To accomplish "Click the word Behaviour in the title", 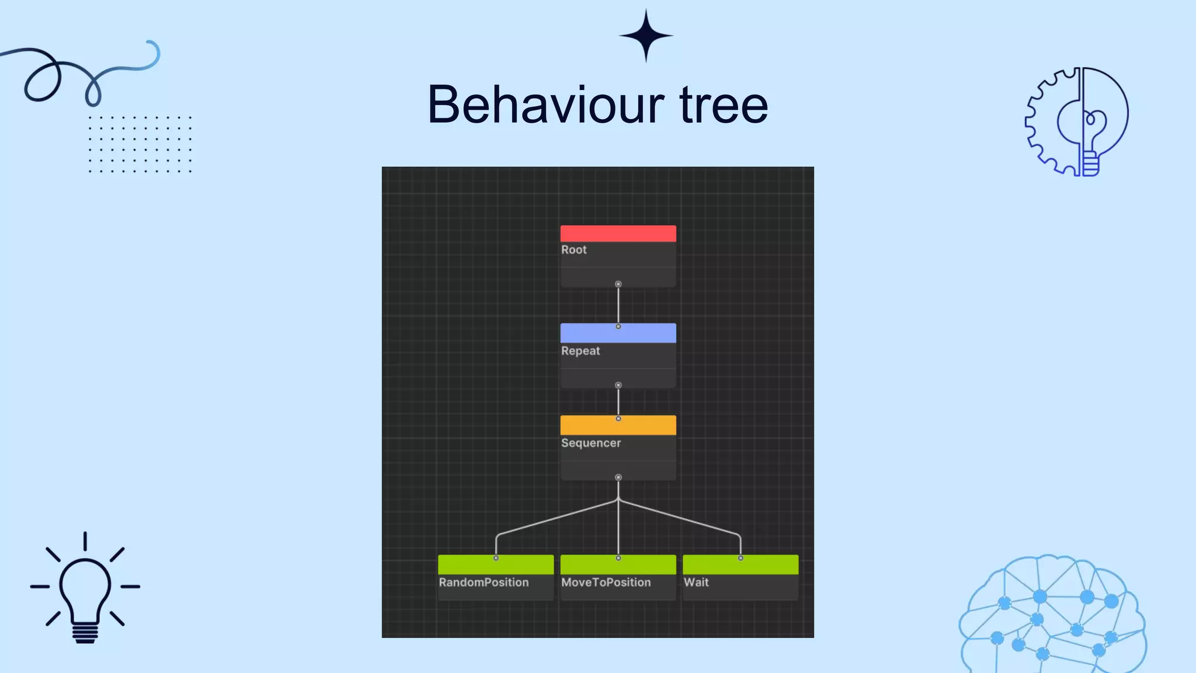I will (545, 105).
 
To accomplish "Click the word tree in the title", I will (724, 105).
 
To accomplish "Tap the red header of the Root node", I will (618, 234).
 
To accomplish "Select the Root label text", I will (573, 250).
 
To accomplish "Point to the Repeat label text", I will (580, 351).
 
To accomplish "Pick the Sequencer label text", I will (590, 443).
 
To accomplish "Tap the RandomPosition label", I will (484, 582).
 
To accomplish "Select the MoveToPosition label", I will (606, 582).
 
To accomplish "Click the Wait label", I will (696, 582).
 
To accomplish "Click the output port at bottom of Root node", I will (618, 285).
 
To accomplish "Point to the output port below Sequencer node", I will (618, 478).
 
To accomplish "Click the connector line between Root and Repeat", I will (618, 305).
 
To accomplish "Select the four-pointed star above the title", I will (646, 36).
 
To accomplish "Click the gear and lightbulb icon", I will (1077, 122).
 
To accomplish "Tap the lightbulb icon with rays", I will (85, 588).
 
